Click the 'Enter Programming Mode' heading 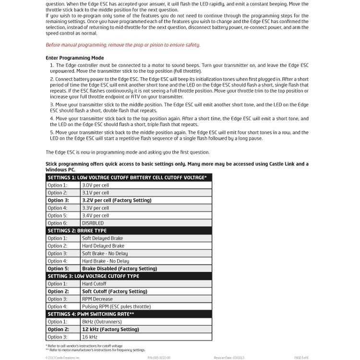[x=74, y=58]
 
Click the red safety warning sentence [x=123, y=45]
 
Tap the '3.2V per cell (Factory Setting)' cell [x=117, y=200]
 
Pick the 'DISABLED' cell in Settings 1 [x=93, y=223]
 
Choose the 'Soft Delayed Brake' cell [x=102, y=238]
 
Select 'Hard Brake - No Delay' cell [x=105, y=261]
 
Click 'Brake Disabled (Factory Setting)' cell [x=120, y=269]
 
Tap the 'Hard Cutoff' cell [x=94, y=284]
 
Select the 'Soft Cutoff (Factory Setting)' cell [x=114, y=291]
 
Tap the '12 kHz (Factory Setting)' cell [x=111, y=329]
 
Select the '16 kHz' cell [x=90, y=337]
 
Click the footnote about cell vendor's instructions [x=84, y=346]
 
